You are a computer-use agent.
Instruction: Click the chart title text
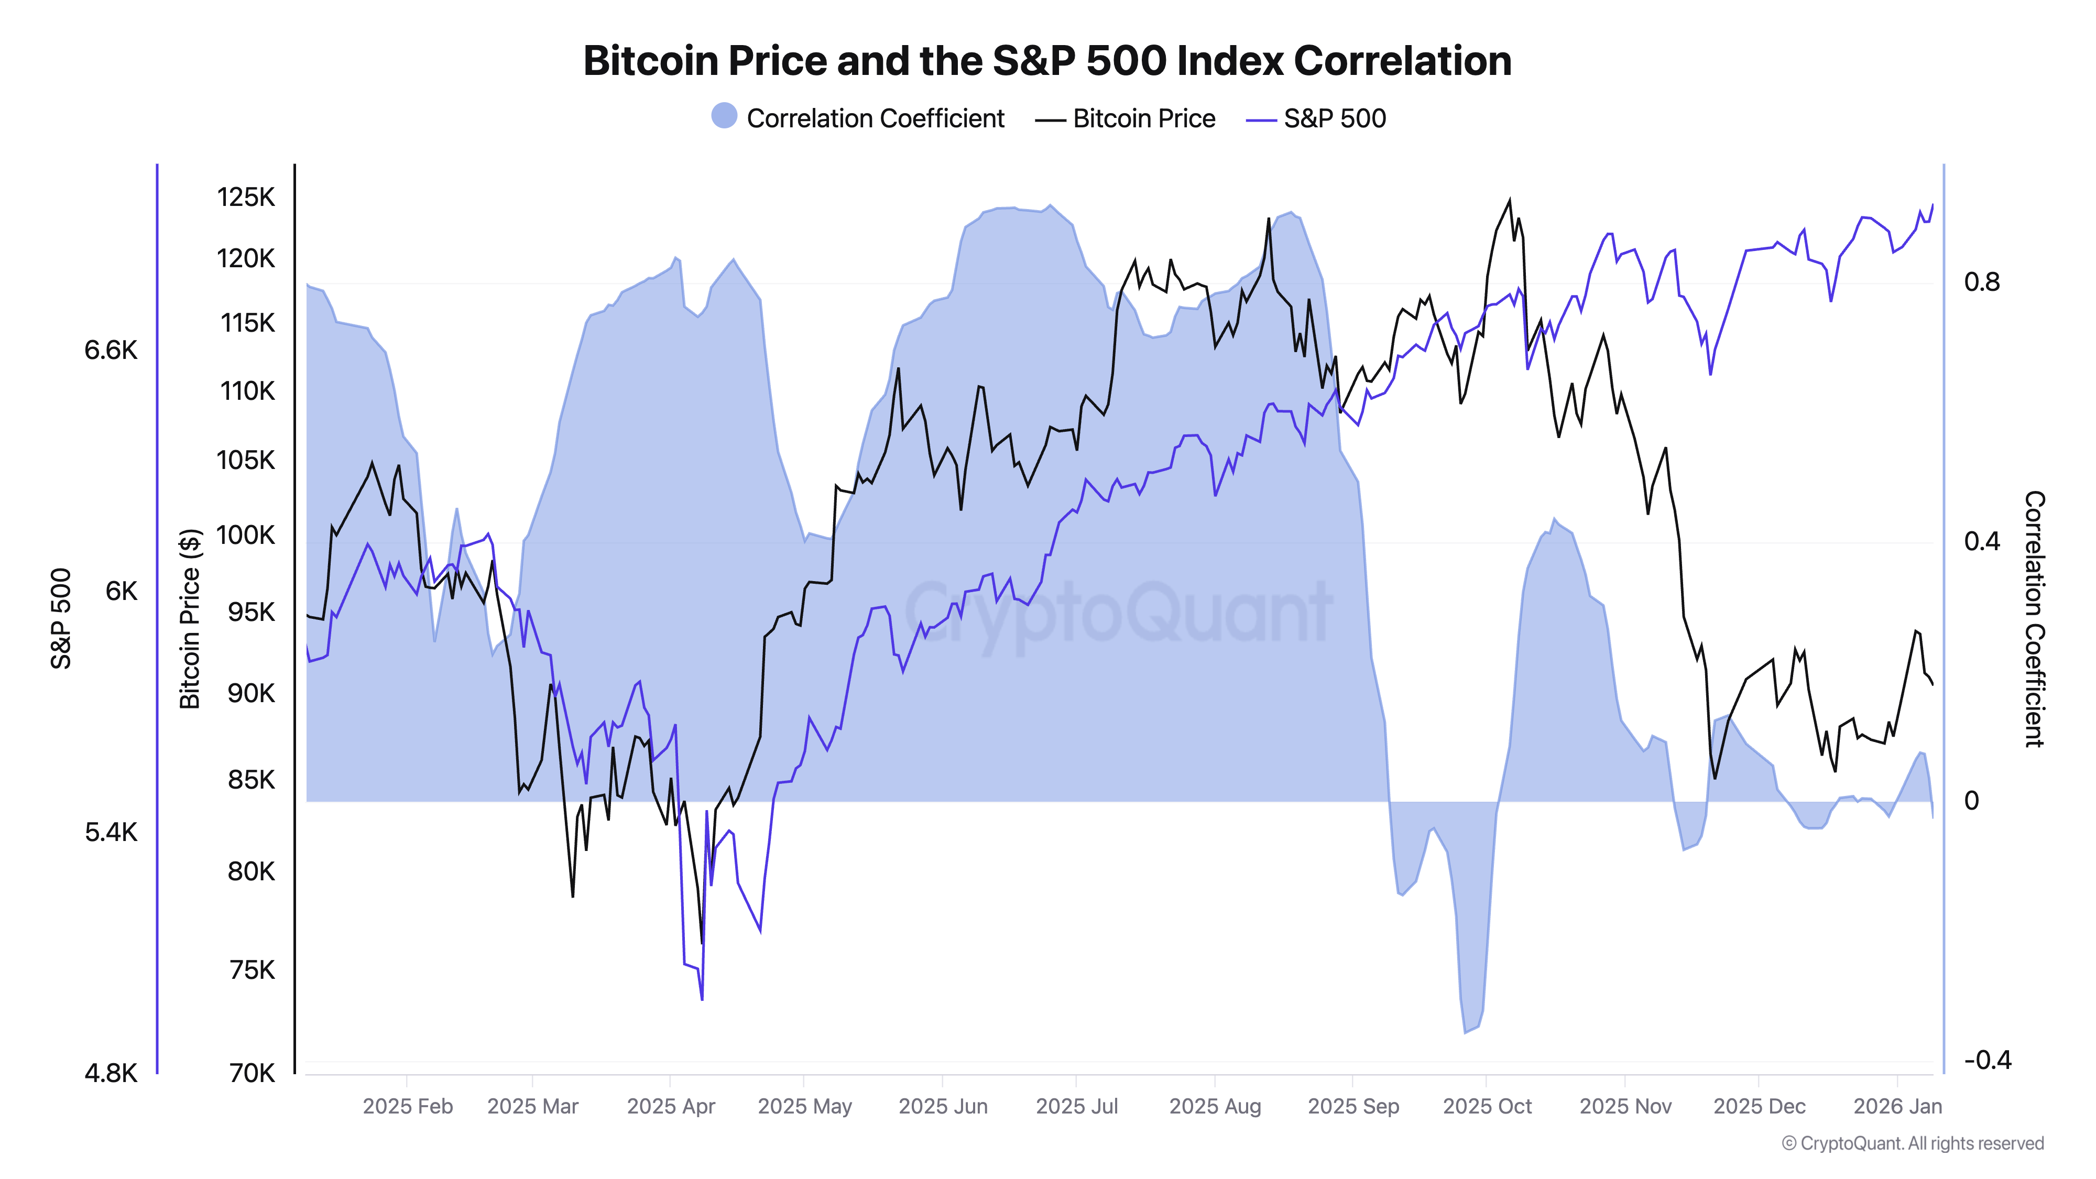coord(1047,61)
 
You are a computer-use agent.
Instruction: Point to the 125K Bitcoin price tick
coord(246,197)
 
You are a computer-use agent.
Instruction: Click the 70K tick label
coord(252,1073)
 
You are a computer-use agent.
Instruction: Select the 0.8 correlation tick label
coord(1981,282)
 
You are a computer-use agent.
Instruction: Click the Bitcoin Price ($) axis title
coord(190,618)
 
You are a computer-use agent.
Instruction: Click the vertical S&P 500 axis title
coord(61,618)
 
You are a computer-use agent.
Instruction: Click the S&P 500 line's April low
coord(702,998)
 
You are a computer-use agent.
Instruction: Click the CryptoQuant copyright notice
coord(1912,1143)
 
